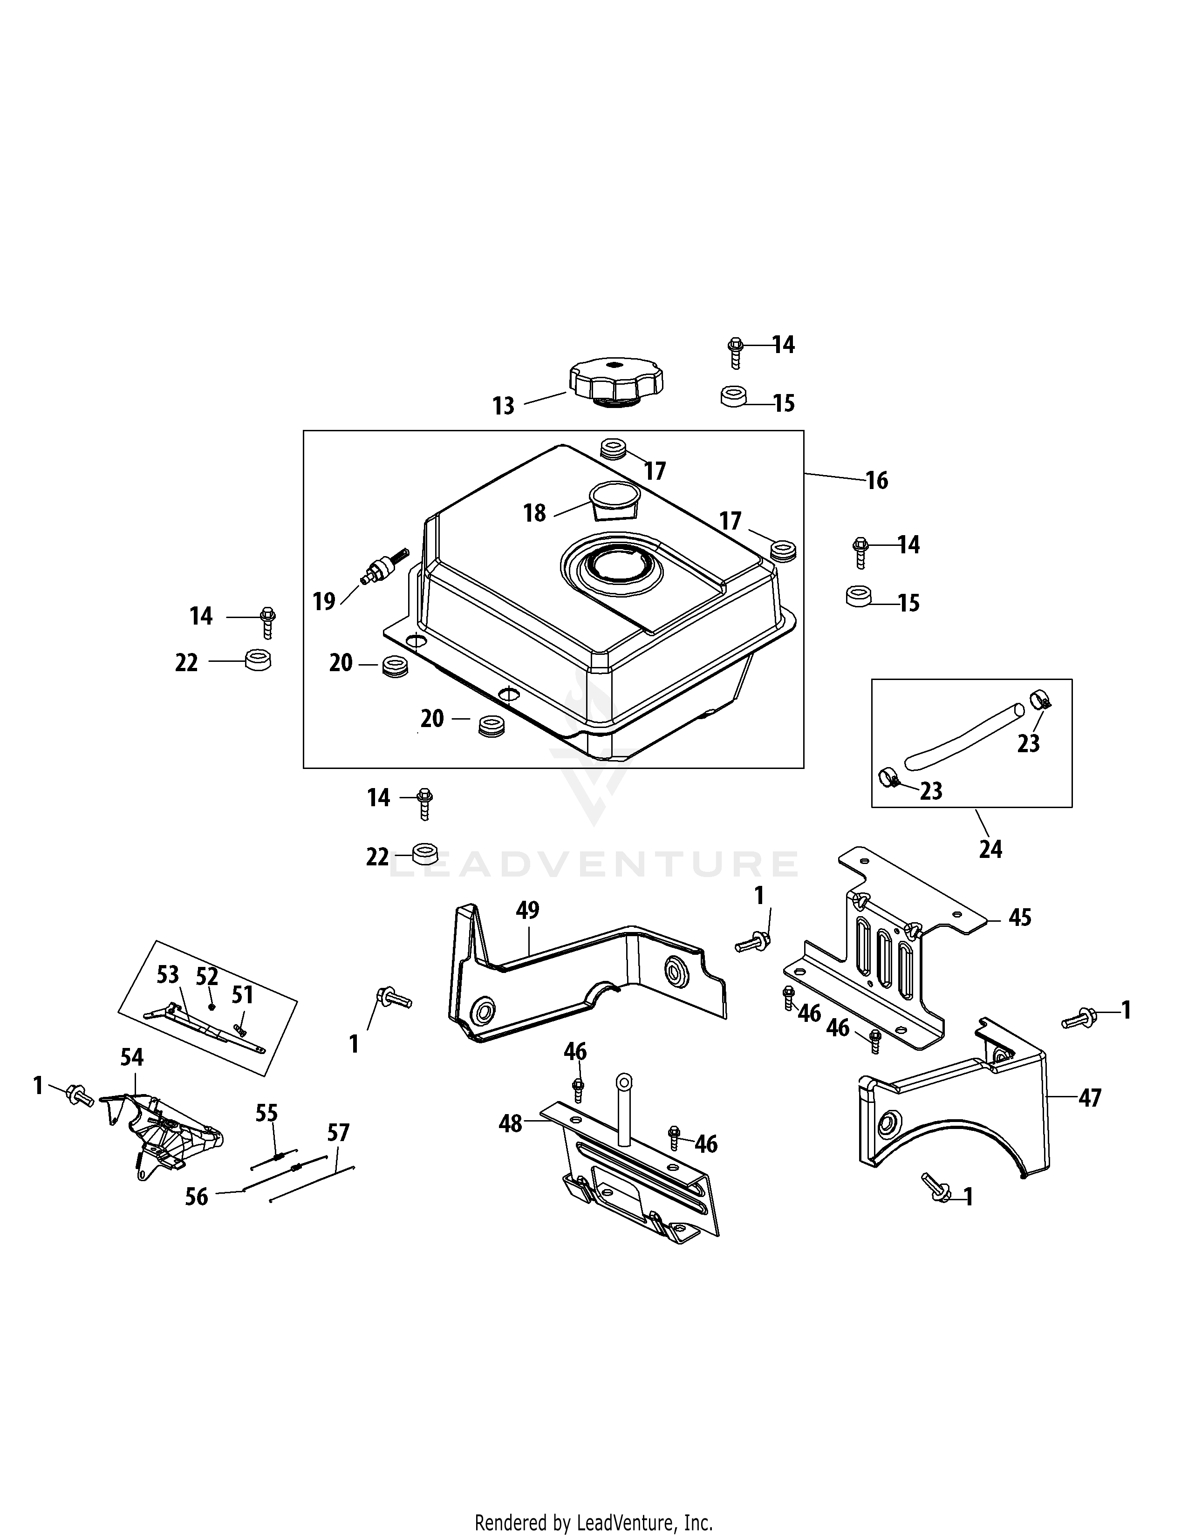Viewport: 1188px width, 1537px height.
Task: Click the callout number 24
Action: (990, 850)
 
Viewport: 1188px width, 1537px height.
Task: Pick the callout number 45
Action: (1020, 917)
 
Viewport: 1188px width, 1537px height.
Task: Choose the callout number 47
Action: (1090, 1097)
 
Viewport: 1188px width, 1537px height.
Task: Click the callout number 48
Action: (510, 1124)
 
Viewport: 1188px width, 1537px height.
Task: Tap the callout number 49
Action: (527, 910)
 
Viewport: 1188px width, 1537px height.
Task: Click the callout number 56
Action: (196, 1197)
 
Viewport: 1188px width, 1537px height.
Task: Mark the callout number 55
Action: (267, 1113)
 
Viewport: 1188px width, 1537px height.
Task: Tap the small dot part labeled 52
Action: (211, 1007)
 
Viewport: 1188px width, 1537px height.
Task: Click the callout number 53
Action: (168, 975)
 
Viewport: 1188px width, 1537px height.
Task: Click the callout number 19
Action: (324, 602)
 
